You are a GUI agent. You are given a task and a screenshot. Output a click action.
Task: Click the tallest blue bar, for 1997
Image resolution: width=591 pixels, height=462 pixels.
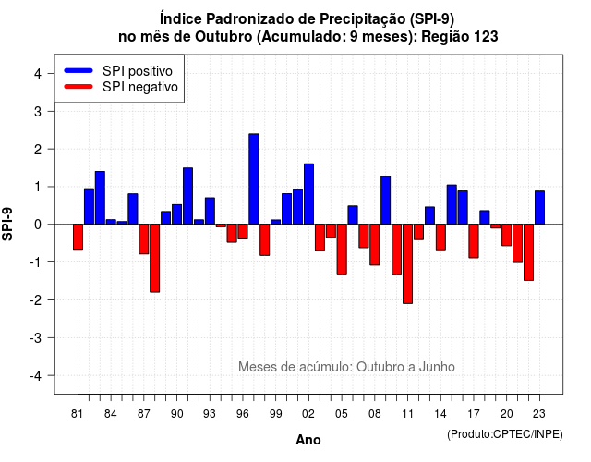[x=254, y=178]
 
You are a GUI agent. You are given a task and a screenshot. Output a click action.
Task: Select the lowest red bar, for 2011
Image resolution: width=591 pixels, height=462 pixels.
[x=407, y=263]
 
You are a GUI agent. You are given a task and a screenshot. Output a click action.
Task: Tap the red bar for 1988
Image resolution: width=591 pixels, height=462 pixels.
[x=154, y=258]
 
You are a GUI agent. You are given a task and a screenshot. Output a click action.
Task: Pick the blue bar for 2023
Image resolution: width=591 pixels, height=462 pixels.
[x=539, y=207]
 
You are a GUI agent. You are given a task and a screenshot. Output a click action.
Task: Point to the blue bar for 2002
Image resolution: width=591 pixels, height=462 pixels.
[x=308, y=194]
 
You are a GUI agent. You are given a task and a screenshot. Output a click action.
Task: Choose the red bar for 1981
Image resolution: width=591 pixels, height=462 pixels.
[x=78, y=237]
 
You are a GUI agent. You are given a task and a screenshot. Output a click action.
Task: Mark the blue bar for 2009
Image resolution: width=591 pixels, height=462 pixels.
[x=386, y=201]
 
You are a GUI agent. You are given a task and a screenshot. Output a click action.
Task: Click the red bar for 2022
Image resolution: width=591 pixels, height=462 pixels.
[x=528, y=252]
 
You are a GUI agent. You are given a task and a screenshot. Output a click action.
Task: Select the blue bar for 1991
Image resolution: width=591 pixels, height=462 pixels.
[x=187, y=196]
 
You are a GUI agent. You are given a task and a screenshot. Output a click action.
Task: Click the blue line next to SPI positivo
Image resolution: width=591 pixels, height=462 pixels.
[x=78, y=70]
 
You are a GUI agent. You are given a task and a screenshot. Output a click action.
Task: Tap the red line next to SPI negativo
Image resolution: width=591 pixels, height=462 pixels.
[x=78, y=86]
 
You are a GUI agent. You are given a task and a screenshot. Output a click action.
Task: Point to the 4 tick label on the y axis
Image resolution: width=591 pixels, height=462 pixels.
[x=38, y=74]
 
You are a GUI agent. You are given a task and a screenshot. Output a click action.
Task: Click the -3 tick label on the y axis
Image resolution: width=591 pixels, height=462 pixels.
[x=36, y=337]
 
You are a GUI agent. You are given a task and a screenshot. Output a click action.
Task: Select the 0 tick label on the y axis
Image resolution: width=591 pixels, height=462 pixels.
[x=38, y=225]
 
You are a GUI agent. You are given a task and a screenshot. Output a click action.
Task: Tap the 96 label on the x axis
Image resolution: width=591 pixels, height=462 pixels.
[x=243, y=414]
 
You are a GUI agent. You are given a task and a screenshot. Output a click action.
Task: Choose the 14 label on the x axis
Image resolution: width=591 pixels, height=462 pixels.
[x=440, y=414]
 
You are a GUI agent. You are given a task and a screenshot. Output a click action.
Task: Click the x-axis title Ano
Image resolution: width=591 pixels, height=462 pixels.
[x=308, y=440]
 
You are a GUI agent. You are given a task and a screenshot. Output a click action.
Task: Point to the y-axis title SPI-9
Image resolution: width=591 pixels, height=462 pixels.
[x=7, y=224]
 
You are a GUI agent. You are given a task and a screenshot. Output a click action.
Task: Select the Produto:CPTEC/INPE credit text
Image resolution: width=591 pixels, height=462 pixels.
[x=505, y=434]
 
